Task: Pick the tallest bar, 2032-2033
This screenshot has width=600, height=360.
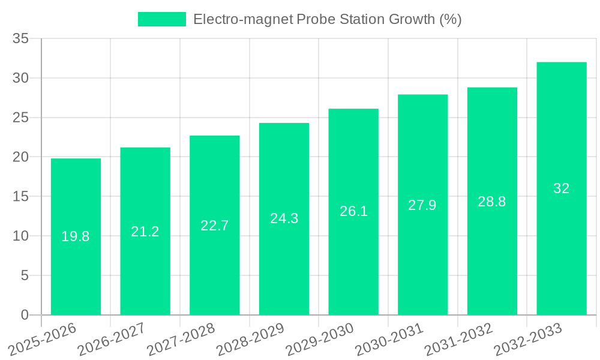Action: (562, 252)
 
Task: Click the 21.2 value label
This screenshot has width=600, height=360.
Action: (145, 232)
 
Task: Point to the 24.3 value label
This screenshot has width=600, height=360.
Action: (284, 218)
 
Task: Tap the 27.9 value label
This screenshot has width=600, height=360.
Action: (422, 205)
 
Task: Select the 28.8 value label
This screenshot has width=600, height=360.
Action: (492, 202)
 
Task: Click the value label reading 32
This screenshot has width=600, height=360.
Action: (562, 188)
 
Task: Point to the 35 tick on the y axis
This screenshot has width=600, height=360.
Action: (20, 39)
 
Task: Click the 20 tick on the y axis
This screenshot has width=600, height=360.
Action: (20, 157)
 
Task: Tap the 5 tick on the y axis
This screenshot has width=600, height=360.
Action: (25, 275)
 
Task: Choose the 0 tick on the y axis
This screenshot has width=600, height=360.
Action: (25, 315)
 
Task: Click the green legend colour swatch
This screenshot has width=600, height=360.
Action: (162, 19)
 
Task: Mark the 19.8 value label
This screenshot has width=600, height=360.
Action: (76, 236)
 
